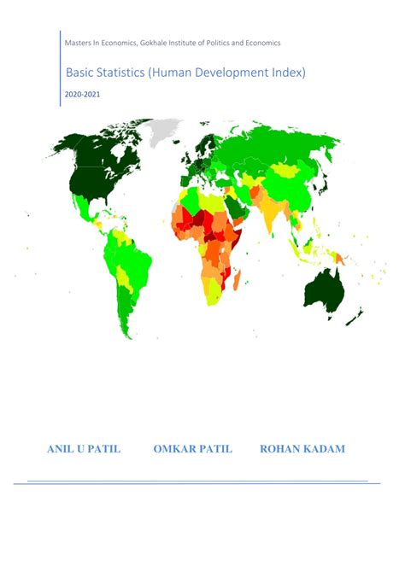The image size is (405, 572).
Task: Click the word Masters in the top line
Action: pyautogui.click(x=79, y=43)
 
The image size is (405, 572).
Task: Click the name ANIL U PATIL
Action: pyautogui.click(x=83, y=449)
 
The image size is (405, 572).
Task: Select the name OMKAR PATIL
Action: pyautogui.click(x=192, y=449)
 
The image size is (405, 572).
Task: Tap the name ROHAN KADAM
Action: pyautogui.click(x=302, y=449)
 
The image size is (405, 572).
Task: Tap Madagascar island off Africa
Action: pyautogui.click(x=237, y=277)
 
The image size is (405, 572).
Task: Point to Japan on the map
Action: pyautogui.click(x=326, y=184)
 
